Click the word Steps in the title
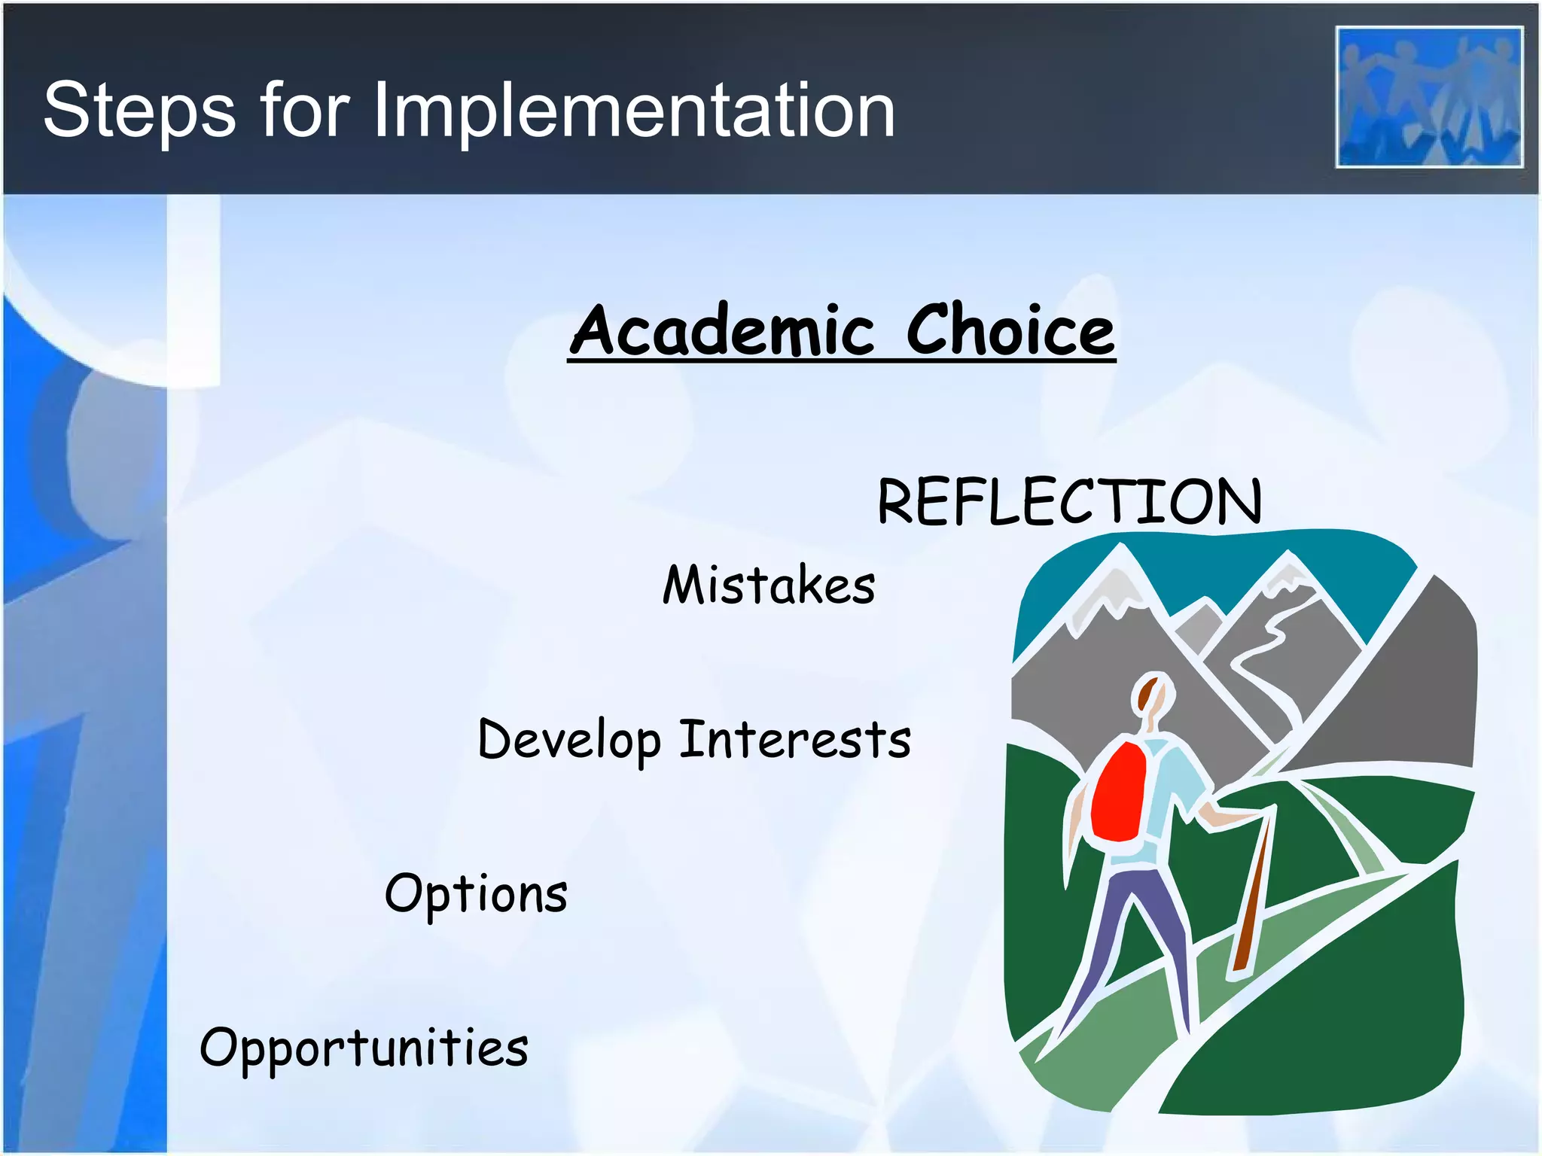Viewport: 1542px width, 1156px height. [139, 111]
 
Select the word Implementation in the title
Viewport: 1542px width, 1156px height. [633, 111]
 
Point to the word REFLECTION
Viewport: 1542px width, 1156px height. [1069, 502]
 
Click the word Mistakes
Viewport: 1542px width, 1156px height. [769, 586]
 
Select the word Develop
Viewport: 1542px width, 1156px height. [569, 741]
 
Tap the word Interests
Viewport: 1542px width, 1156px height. [795, 739]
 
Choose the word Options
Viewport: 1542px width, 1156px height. [476, 894]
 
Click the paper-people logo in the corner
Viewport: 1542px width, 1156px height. [1429, 97]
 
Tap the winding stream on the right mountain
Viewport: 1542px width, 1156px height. [1272, 655]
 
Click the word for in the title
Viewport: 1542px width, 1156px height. [304, 111]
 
